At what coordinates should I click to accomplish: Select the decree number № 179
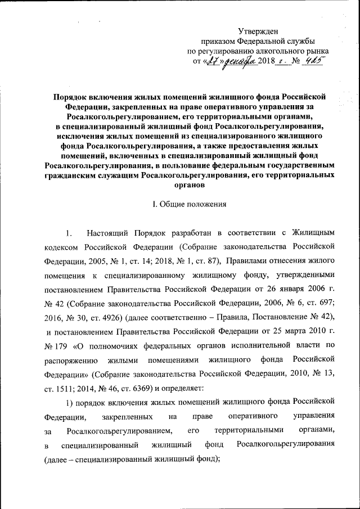[x=55, y=350]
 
